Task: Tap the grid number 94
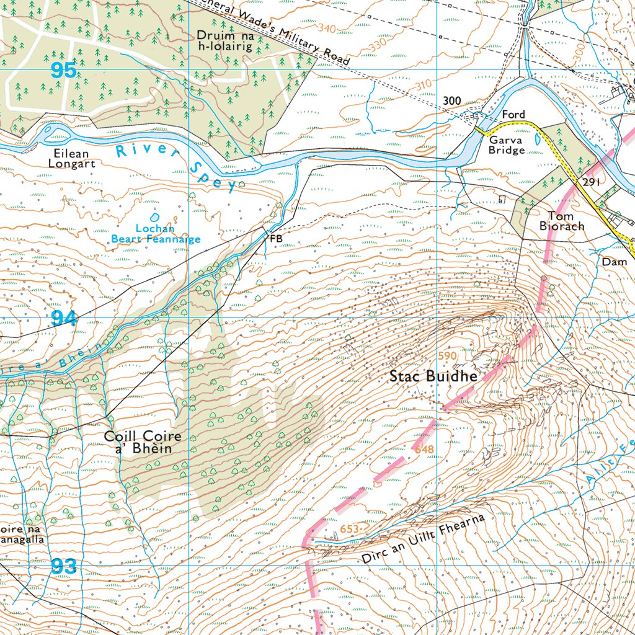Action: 64,319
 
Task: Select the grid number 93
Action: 64,566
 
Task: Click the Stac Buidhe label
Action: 433,376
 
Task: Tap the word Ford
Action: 513,115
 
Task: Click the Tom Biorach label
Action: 561,221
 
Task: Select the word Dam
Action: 615,262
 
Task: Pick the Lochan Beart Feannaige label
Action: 156,234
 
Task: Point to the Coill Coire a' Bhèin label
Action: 143,443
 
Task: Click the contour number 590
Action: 447,356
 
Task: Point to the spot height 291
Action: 592,182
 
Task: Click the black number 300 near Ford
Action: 451,101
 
